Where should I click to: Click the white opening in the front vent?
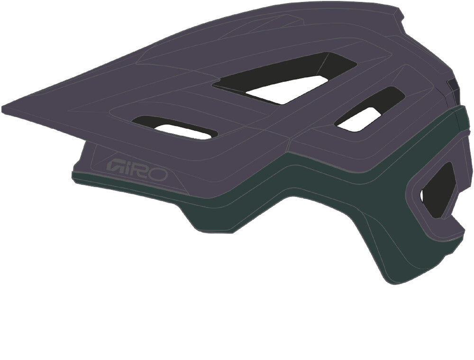pyautogui.click(x=183, y=132)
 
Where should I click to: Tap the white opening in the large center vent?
pyautogui.click(x=286, y=90)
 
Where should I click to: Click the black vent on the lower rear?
pyautogui.click(x=438, y=190)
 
